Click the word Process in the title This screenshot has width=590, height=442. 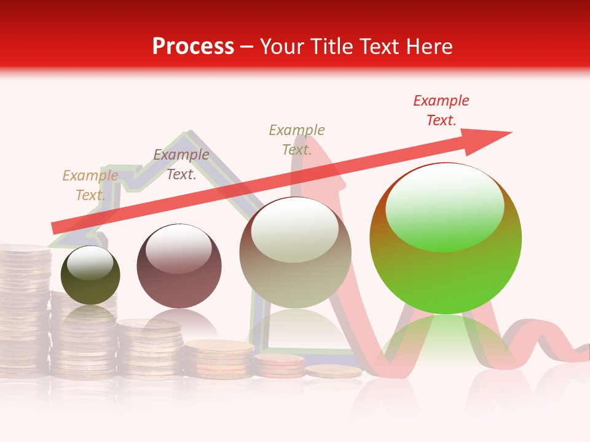[193, 47]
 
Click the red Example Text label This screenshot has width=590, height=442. [441, 110]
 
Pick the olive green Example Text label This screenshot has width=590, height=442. [297, 140]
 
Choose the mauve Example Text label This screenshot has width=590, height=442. [181, 165]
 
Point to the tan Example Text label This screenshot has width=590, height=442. [90, 185]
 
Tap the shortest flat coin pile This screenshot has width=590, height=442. [334, 371]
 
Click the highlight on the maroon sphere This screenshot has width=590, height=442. [178, 249]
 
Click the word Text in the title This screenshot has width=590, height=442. [376, 47]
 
